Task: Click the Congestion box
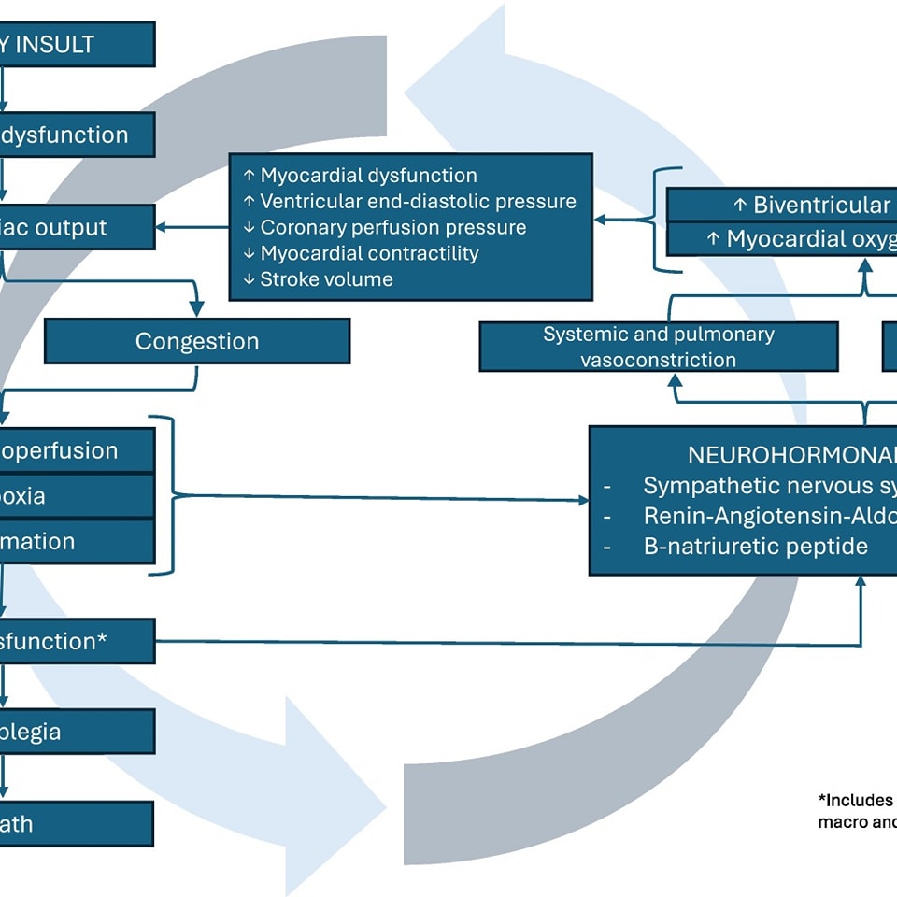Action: tap(197, 341)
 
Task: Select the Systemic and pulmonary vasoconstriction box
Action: tap(658, 347)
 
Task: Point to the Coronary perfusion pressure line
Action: tap(392, 227)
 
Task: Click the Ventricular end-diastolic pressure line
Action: tap(418, 201)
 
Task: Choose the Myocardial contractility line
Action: tap(369, 253)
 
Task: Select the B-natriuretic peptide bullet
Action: tap(755, 546)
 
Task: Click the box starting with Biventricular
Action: tap(781, 206)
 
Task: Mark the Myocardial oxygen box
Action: tap(781, 239)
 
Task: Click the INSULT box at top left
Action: tap(75, 45)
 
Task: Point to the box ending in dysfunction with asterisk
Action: tap(75, 641)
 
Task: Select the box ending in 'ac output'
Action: tap(75, 227)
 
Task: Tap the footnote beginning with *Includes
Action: tap(856, 810)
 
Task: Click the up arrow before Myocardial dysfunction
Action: tap(249, 176)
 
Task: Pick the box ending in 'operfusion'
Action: tap(75, 450)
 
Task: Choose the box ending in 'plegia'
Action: tap(75, 731)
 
